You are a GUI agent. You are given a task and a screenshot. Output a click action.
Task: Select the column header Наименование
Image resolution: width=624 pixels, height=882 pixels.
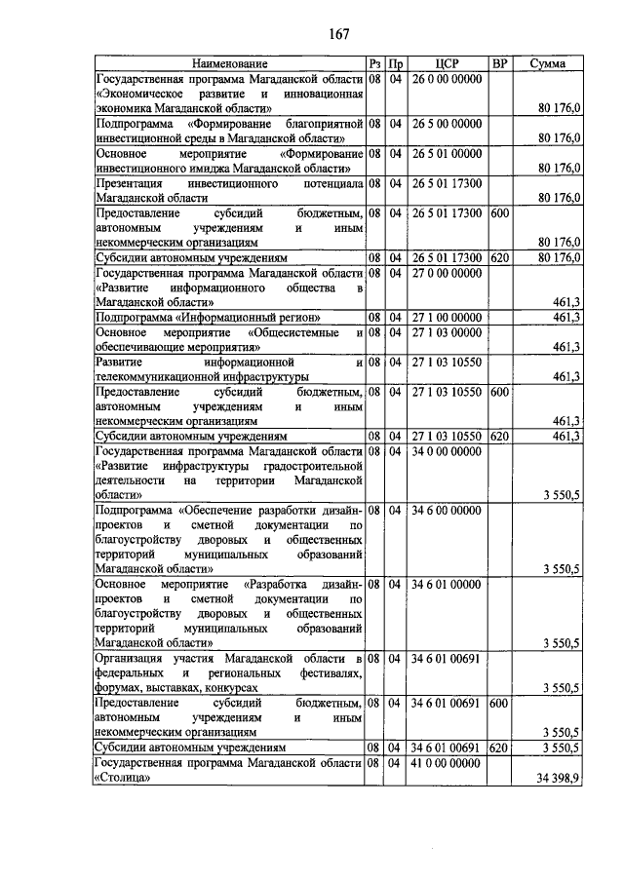230,64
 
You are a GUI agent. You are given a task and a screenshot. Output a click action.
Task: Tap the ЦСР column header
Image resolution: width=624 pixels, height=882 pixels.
448,64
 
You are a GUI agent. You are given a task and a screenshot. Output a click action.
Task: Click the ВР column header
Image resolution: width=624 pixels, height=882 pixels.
500,64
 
